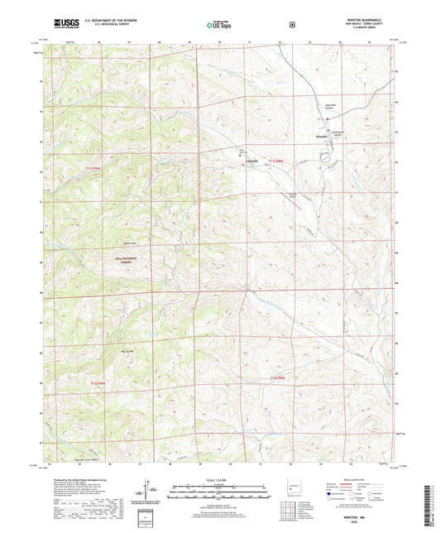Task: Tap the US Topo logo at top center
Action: point(219,25)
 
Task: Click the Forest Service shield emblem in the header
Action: point(291,25)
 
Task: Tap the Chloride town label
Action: point(254,160)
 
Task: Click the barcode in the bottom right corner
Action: point(430,503)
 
